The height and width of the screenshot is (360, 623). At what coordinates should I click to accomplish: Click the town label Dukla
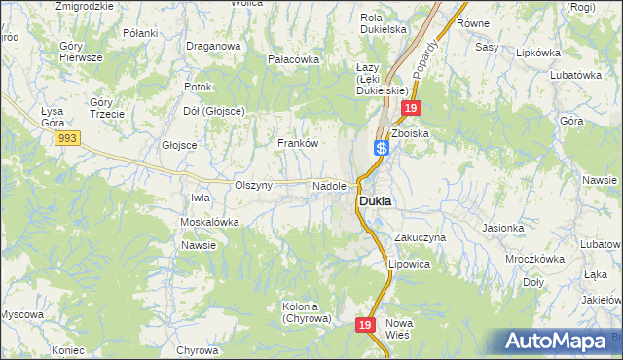pos(375,201)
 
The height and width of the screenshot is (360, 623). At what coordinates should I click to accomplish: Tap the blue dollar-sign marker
pos(382,148)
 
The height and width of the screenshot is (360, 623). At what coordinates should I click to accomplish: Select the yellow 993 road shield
pos(67,138)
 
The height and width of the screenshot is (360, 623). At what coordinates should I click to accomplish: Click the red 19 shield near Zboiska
pos(412,109)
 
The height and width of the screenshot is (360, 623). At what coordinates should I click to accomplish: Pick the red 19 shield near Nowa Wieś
pos(364,325)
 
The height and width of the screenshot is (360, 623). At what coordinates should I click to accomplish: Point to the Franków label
pos(298,143)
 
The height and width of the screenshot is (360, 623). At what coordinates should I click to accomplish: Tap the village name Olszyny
pos(253,185)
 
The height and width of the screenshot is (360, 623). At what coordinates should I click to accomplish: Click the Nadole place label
pos(329,185)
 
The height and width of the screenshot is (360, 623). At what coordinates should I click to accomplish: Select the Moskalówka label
pos(209,222)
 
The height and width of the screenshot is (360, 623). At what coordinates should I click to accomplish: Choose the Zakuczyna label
pos(420,237)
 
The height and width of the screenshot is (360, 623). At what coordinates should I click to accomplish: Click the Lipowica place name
pos(409,264)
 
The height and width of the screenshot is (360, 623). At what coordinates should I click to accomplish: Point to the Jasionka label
pos(502,228)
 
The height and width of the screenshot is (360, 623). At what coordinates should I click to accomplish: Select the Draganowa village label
pos(213,46)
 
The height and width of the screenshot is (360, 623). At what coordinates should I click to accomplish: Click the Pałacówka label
pos(293,59)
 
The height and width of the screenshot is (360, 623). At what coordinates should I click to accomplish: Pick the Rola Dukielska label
pos(383,23)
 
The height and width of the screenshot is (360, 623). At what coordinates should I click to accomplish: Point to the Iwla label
pos(201,198)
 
